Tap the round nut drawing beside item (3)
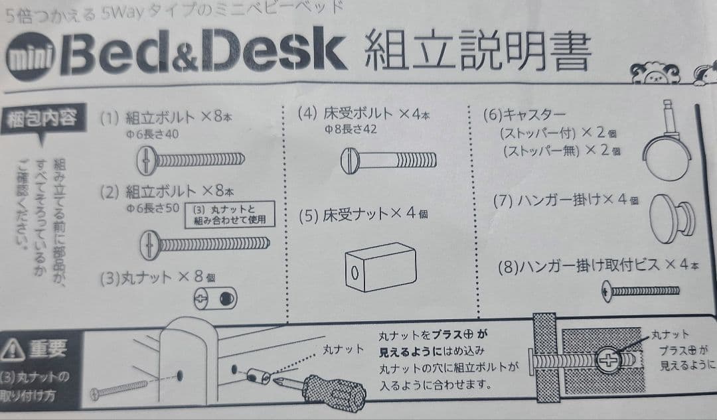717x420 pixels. [216, 299]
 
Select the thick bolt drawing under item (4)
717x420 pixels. [388, 160]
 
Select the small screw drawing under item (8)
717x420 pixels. [641, 291]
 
